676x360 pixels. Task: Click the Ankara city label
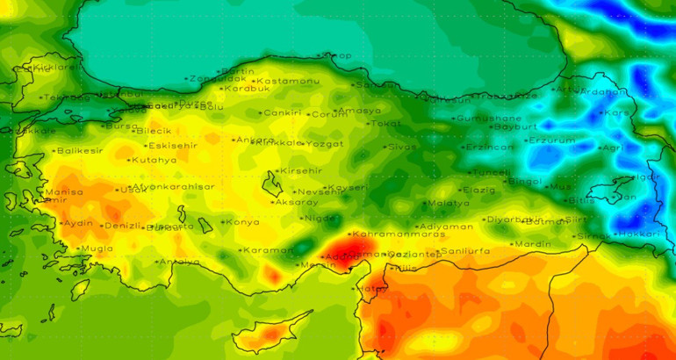tap(255, 140)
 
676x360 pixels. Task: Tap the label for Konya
tap(242, 222)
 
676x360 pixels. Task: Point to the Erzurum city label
tap(551, 140)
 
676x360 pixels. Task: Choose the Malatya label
tap(447, 204)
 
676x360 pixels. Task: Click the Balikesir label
tap(80, 150)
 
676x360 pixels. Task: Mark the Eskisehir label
tap(172, 145)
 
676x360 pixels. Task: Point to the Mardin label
tap(532, 244)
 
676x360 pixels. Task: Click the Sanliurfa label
tap(468, 251)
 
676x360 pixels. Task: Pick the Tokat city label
tap(385, 124)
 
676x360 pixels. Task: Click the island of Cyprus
tap(268, 332)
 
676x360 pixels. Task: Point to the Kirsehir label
tap(301, 170)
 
